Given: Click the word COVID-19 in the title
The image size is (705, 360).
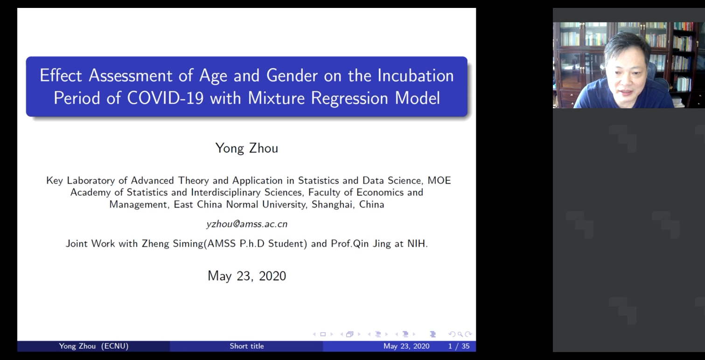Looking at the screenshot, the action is pos(166,98).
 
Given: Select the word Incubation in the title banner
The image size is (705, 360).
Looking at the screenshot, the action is pos(415,76).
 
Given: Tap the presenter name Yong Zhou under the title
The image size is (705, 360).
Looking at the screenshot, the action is pos(247,148).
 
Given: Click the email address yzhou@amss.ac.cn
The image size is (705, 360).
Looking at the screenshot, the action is pos(247,224).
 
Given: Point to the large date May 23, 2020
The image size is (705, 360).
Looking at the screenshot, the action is pos(247,276).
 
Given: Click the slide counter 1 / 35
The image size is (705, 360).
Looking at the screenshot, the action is pos(459,346).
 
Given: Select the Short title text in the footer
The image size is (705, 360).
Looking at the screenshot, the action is pos(247,346).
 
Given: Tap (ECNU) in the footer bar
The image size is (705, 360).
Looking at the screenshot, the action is pos(115,346).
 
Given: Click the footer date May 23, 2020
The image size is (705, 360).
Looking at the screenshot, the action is pos(406,346).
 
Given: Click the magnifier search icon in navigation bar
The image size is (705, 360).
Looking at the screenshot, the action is pos(460,334).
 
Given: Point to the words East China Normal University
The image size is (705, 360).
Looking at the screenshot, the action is pos(239,205).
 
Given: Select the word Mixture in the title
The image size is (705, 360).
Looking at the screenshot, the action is pos(276,98).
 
